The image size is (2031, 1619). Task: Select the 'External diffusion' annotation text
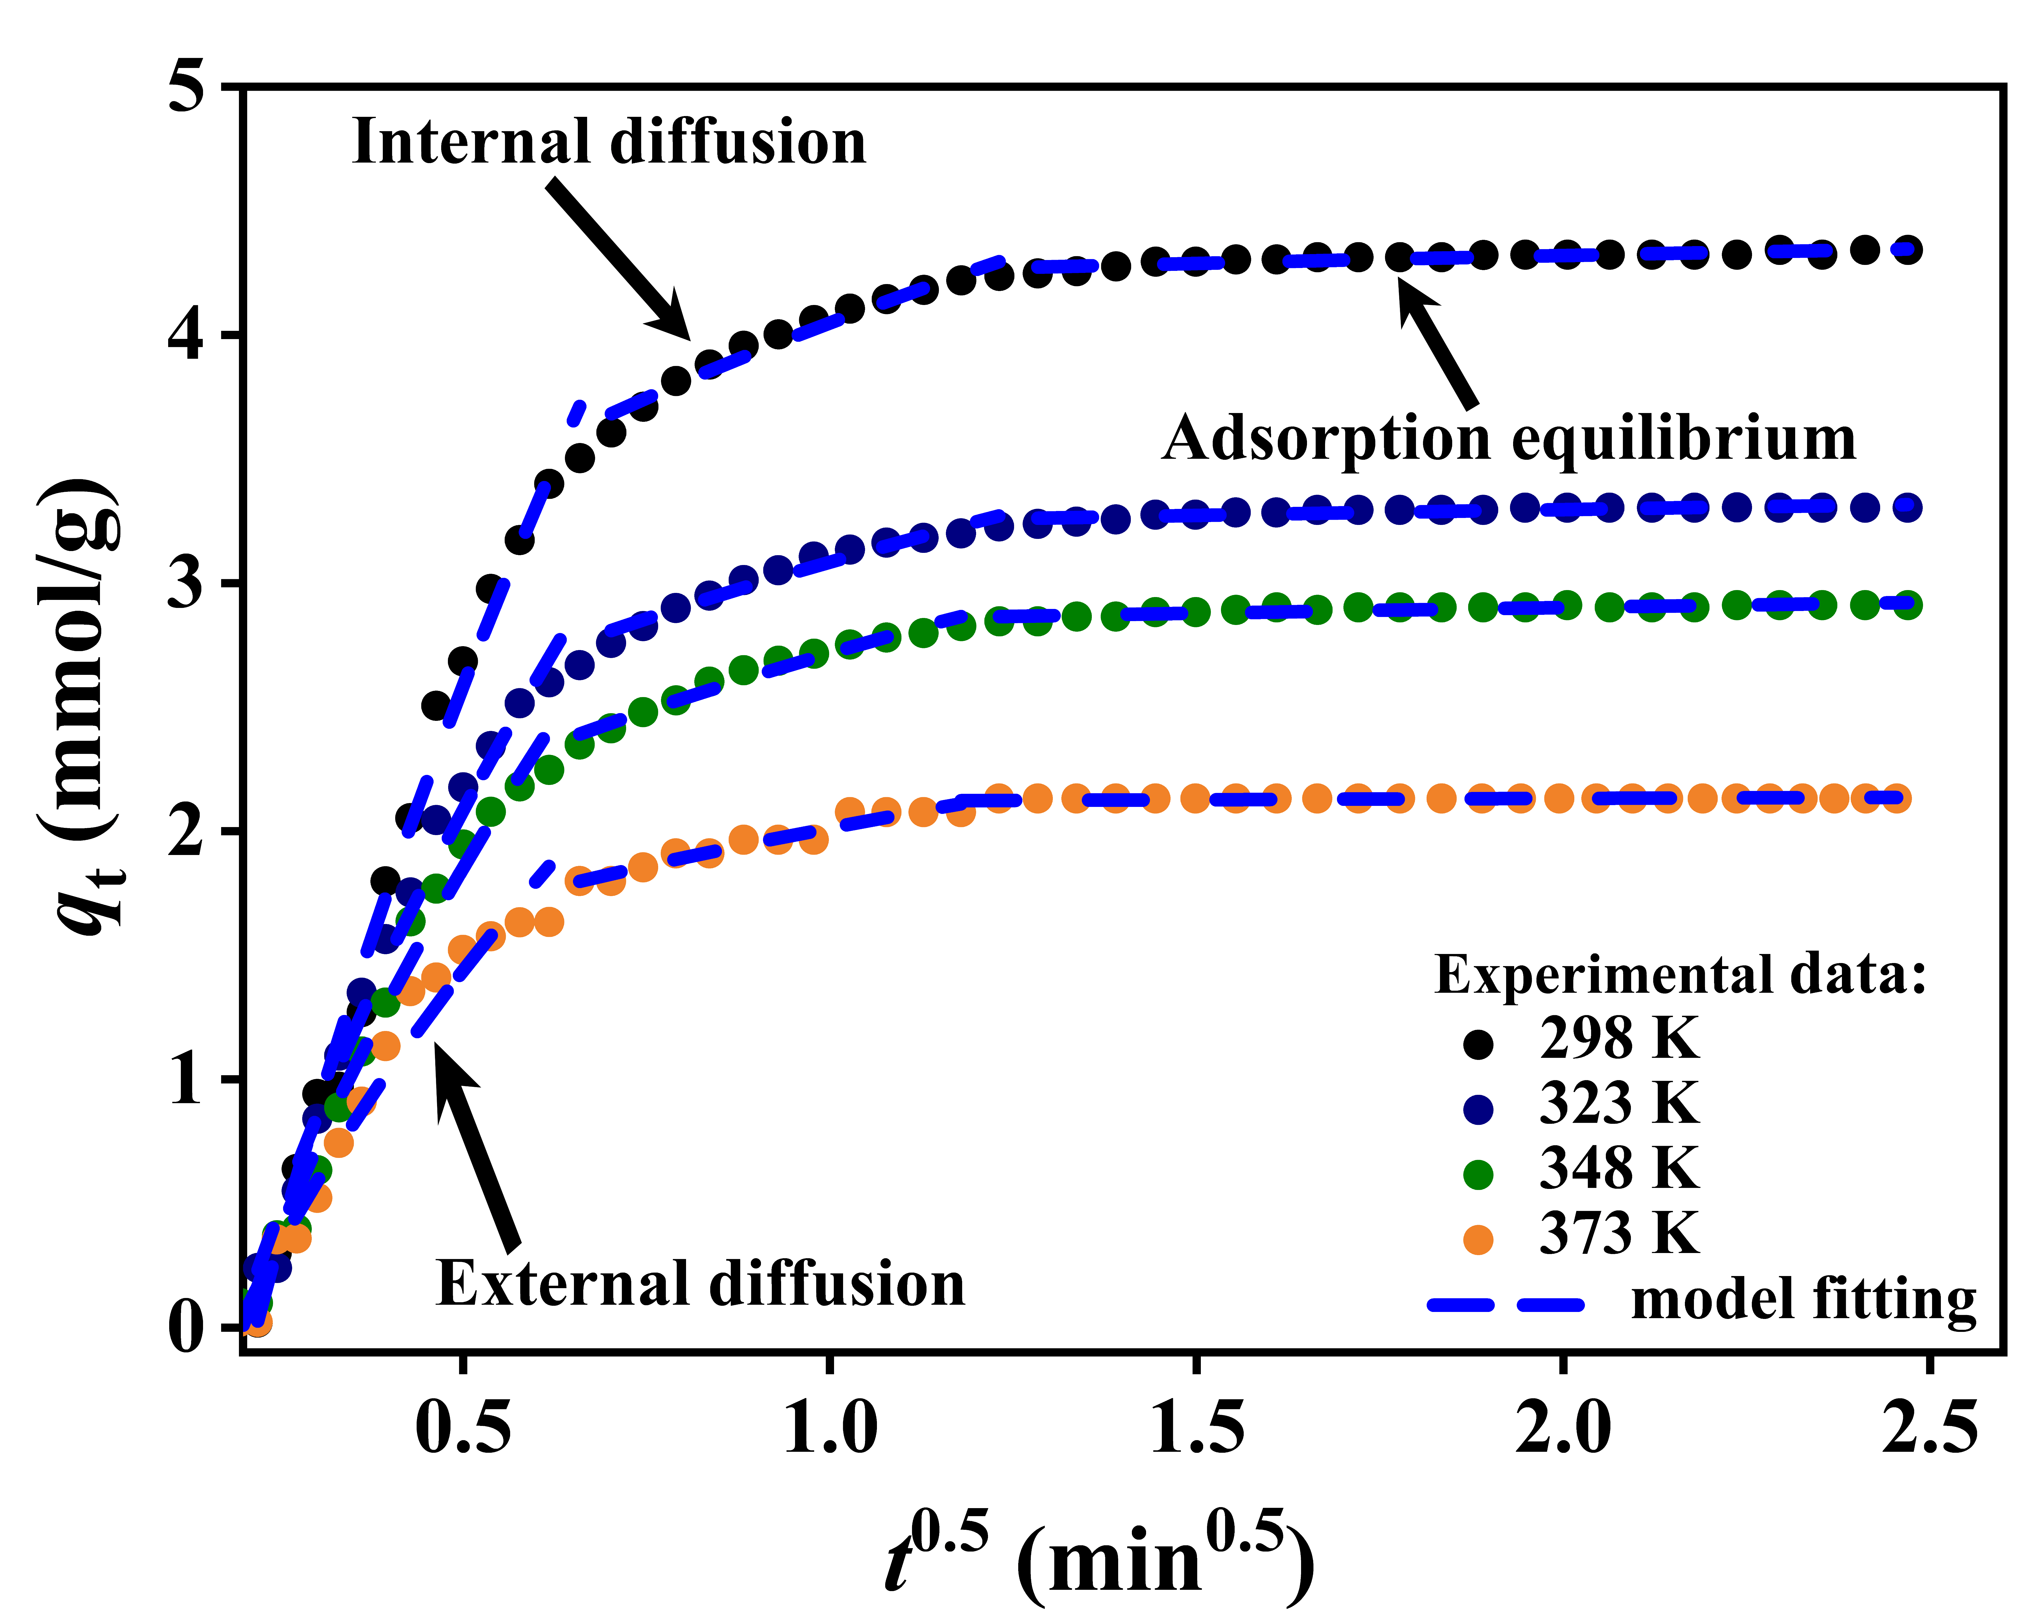click(x=700, y=1284)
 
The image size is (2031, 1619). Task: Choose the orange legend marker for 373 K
click(x=1478, y=1239)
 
